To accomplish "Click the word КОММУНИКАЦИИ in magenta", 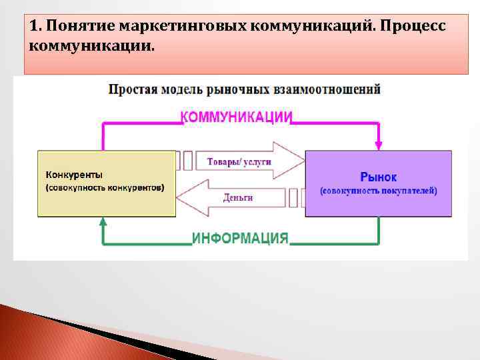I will coord(237,117).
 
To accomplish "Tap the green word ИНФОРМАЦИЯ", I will coord(240,238).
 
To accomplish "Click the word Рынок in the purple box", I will coord(378,177).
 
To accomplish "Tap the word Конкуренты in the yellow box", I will coord(74,175).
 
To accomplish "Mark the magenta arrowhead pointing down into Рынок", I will coord(379,144).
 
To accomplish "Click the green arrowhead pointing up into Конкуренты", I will coord(103,223).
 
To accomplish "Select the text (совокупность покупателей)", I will coord(378,191).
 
